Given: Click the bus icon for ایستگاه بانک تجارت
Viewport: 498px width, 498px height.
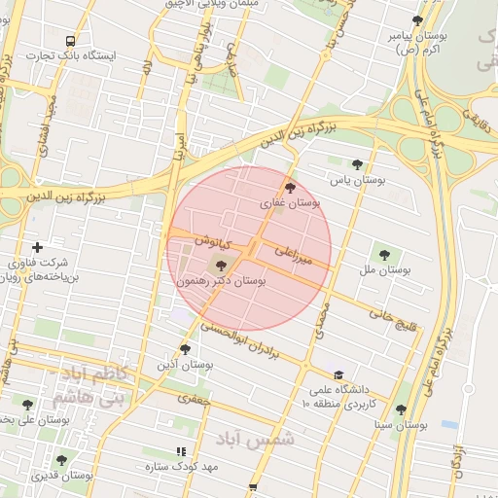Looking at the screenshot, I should (70, 41).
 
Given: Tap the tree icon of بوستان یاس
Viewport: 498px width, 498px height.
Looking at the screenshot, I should (357, 164).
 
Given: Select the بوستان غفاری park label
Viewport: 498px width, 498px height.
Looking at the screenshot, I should (291, 204).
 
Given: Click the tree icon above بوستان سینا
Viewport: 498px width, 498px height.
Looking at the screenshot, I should (401, 409).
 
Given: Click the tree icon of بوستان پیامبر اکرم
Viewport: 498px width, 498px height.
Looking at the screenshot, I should (417, 20).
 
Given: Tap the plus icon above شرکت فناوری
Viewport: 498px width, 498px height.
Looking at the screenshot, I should (37, 247).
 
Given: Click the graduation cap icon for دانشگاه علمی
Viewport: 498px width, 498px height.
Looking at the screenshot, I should (338, 375).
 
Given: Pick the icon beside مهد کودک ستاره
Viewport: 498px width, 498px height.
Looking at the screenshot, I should (181, 451).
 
